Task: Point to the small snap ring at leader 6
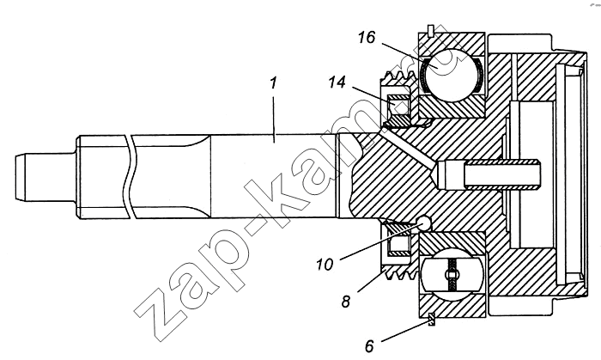click(430, 320)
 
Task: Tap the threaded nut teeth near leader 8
click(391, 265)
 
